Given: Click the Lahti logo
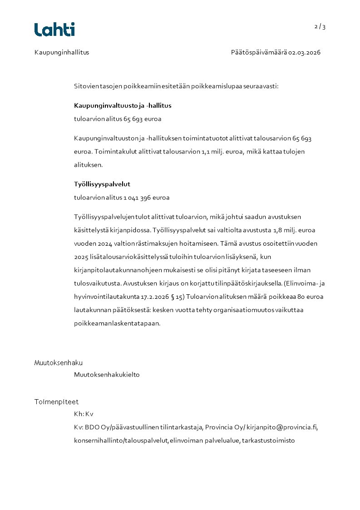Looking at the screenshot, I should (x=54, y=30).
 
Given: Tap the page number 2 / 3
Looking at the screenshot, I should (x=320, y=27).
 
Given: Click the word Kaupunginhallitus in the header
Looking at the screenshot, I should (x=62, y=52).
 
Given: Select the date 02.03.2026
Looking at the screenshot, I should (x=305, y=52).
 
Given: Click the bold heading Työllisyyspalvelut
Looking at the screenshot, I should (x=102, y=184).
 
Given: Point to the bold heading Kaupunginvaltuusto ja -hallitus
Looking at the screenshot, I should (x=123, y=106).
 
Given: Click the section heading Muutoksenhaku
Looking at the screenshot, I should (x=59, y=362).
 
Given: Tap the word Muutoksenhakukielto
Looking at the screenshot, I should (x=107, y=375).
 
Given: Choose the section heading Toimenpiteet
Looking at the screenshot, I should (x=56, y=402).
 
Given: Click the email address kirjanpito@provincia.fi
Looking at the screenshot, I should (x=282, y=427).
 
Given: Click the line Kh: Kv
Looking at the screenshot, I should (x=84, y=414).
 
